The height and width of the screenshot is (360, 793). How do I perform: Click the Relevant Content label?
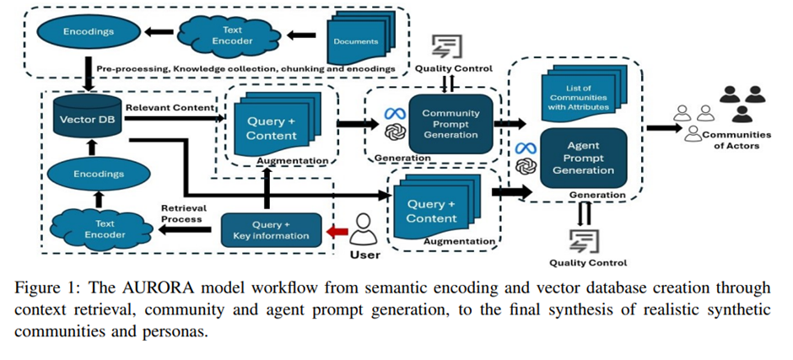[x=164, y=107]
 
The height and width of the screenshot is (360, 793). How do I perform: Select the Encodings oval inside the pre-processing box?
[x=88, y=32]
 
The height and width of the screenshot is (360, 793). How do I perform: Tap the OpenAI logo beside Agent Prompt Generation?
[x=526, y=168]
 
